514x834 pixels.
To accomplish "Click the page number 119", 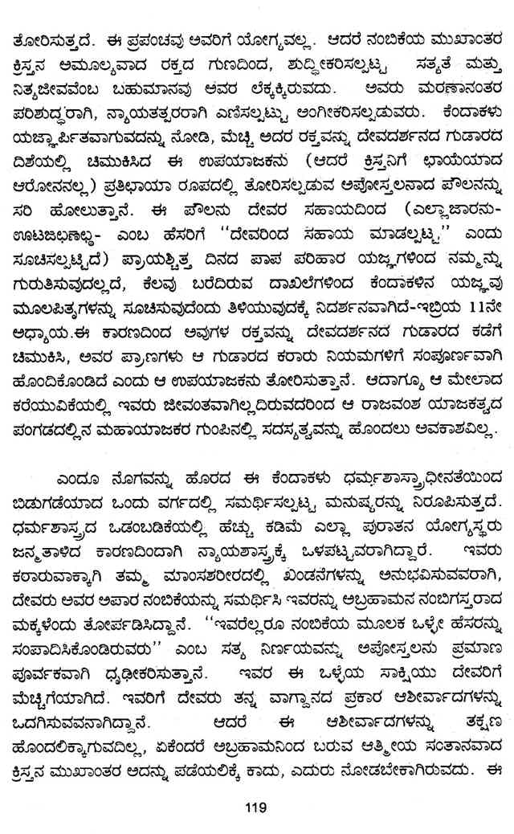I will pos(257,807).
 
